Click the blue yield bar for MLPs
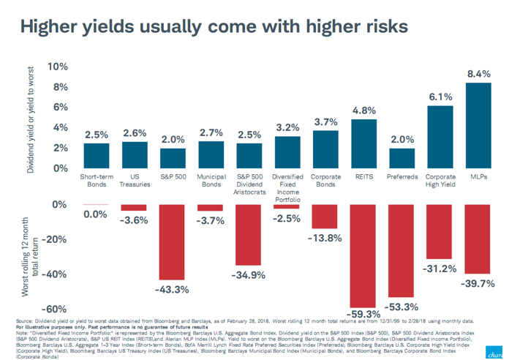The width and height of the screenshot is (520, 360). [x=478, y=125]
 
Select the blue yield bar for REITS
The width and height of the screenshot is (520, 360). [x=364, y=143]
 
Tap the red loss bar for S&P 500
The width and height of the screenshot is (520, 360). [x=173, y=241]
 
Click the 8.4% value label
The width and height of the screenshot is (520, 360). [x=479, y=74]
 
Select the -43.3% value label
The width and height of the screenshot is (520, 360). [x=173, y=290]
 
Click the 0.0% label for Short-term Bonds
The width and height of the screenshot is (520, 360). [x=96, y=214]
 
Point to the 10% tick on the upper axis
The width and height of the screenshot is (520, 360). [x=57, y=67]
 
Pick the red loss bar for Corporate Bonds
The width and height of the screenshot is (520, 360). [x=325, y=217]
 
